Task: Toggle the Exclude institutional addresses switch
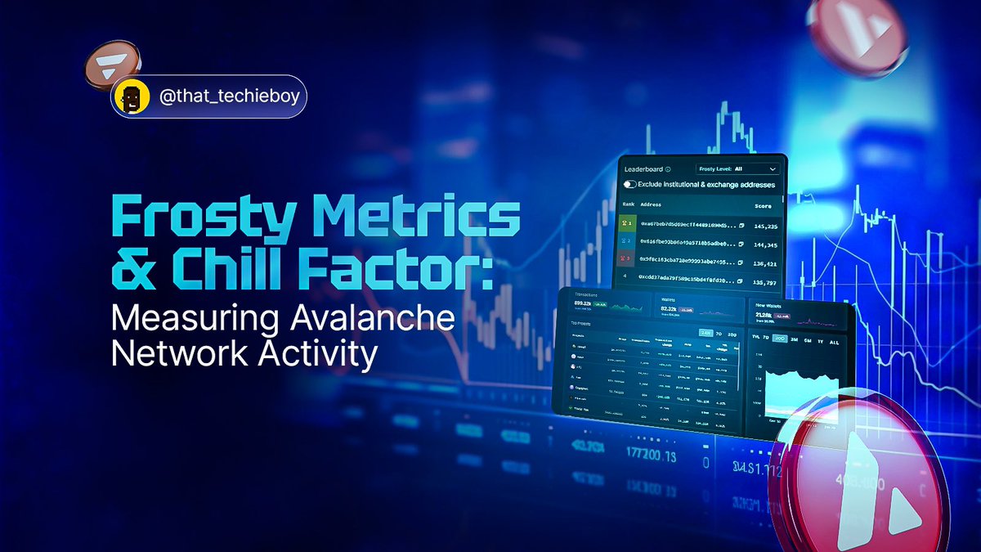pos(631,185)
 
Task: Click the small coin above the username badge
pos(114,66)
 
